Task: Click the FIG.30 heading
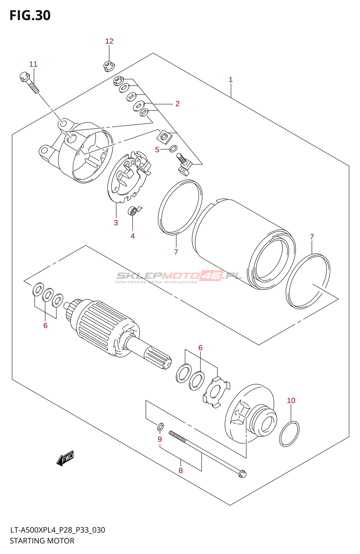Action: click(30, 16)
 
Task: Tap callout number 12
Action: click(109, 41)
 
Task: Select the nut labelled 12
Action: click(109, 66)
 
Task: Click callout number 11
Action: click(33, 64)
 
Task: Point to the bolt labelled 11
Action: click(30, 82)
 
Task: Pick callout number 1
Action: click(231, 80)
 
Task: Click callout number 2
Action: click(177, 104)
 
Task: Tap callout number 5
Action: click(157, 150)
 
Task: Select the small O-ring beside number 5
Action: click(173, 149)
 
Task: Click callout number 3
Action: click(116, 223)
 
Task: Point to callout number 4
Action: click(133, 236)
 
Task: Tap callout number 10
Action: click(291, 401)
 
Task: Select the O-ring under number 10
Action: click(289, 434)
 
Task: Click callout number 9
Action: click(160, 439)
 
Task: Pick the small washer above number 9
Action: click(161, 427)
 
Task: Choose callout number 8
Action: click(180, 470)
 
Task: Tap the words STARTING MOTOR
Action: click(42, 540)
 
